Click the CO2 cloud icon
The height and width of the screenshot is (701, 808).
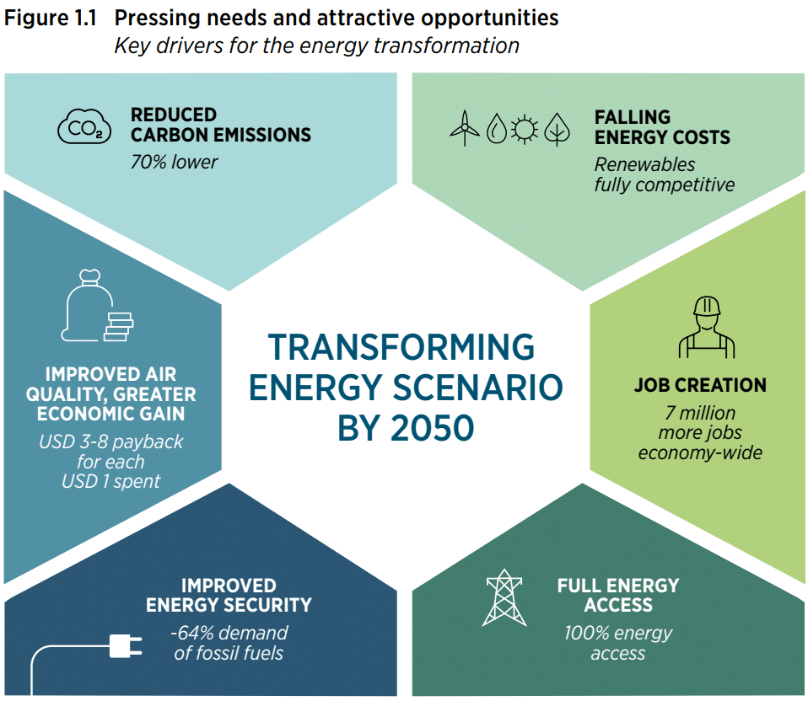(84, 126)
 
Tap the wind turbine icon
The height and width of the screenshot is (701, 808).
(464, 128)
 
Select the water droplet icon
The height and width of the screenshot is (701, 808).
(497, 128)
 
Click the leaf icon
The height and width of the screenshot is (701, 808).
(557, 129)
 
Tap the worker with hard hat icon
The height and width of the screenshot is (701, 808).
(707, 327)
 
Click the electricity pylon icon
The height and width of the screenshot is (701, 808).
(504, 597)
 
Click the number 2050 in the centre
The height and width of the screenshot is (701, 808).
(431, 428)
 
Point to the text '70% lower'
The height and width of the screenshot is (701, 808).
(175, 162)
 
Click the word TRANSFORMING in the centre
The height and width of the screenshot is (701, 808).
(401, 347)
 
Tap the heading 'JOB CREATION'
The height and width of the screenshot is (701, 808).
(700, 385)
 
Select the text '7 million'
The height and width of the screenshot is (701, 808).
(700, 413)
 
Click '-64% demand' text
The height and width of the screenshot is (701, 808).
(229, 633)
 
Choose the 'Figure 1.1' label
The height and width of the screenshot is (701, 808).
(50, 18)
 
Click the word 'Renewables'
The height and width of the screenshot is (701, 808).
(644, 164)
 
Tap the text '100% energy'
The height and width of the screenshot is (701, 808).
(618, 634)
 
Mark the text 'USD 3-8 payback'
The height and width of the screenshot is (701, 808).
(110, 442)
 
